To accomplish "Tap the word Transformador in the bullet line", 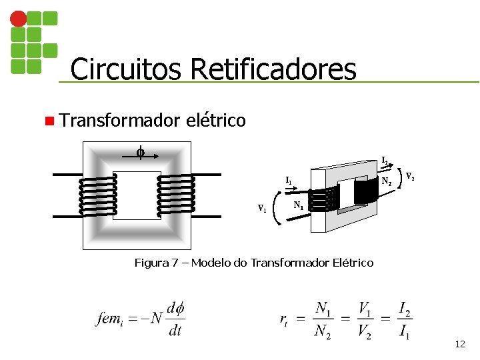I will pyautogui.click(x=119, y=121).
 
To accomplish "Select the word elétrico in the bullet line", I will pyautogui.click(x=217, y=121).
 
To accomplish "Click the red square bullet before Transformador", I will pyautogui.click(x=49, y=121).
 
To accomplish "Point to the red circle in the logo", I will pyautogui.click(x=19, y=19).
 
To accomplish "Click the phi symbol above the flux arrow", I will pyautogui.click(x=140, y=153).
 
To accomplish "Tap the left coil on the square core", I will pyautogui.click(x=99, y=195).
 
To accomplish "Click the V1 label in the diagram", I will pyautogui.click(x=263, y=209).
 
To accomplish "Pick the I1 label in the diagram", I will pyautogui.click(x=288, y=180).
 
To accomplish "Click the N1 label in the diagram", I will pyautogui.click(x=299, y=206).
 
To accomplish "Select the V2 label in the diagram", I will pyautogui.click(x=411, y=177).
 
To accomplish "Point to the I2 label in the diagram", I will pyautogui.click(x=385, y=161).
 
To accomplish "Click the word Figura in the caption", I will pyautogui.click(x=151, y=263).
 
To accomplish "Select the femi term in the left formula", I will pyautogui.click(x=110, y=318).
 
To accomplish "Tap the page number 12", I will pyautogui.click(x=459, y=344).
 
